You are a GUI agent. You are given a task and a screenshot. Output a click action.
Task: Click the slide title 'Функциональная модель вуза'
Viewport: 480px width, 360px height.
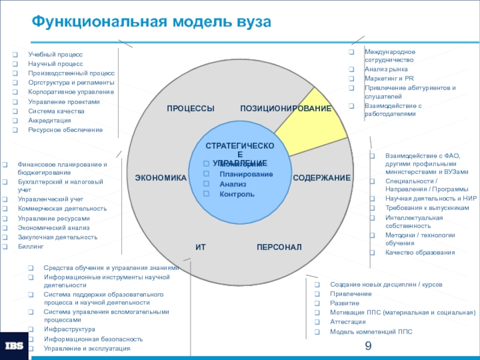pyautogui.click(x=151, y=23)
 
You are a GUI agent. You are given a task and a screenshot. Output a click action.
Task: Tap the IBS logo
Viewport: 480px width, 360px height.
pyautogui.click(x=15, y=346)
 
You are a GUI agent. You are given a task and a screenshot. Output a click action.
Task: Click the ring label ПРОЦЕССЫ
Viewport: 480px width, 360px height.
pyautogui.click(x=190, y=108)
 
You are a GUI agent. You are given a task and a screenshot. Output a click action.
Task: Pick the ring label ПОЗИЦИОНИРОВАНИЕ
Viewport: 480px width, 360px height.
pyautogui.click(x=286, y=108)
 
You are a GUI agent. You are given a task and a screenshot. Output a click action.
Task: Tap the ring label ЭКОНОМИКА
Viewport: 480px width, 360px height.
pyautogui.click(x=161, y=178)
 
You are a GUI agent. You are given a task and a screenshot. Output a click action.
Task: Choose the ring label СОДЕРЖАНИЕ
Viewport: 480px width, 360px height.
pyautogui.click(x=322, y=178)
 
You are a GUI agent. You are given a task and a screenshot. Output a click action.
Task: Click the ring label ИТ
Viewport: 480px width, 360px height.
pyautogui.click(x=200, y=247)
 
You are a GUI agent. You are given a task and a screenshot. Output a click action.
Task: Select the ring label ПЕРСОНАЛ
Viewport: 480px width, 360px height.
pyautogui.click(x=279, y=247)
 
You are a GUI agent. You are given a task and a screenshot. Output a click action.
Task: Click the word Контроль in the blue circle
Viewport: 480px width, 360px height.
pyautogui.click(x=237, y=194)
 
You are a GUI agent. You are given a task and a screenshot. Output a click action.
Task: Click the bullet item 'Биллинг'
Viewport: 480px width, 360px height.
pyautogui.click(x=31, y=247)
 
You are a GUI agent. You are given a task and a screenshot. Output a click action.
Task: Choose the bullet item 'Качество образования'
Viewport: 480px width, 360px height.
pyautogui.click(x=420, y=253)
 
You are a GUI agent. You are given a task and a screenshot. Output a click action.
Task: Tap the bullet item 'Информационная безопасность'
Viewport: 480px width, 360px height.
pyautogui.click(x=93, y=339)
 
